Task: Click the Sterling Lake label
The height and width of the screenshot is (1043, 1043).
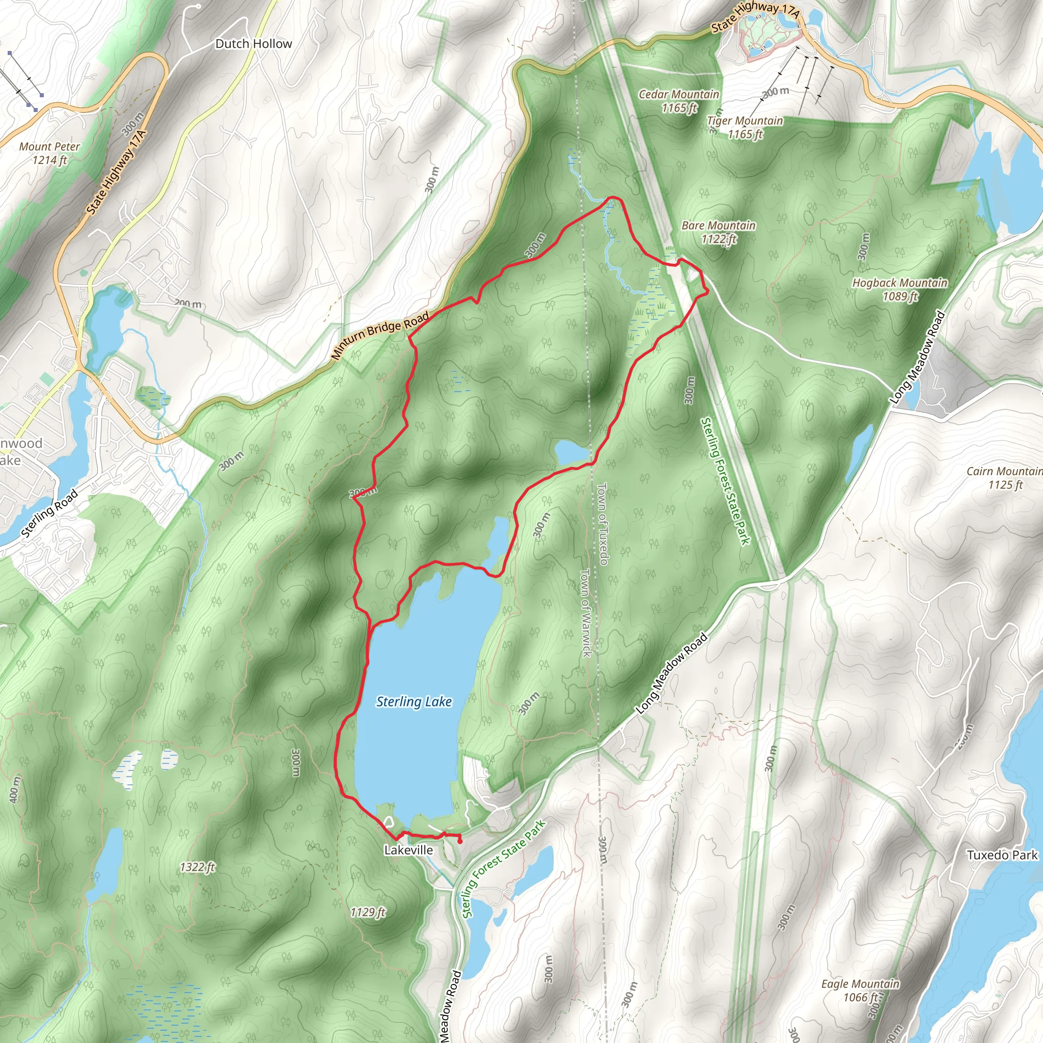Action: [x=414, y=701]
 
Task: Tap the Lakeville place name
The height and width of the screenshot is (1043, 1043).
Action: [x=408, y=850]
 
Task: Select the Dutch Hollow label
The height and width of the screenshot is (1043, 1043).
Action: [x=253, y=44]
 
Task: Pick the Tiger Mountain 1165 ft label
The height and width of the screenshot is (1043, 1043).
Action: [x=745, y=127]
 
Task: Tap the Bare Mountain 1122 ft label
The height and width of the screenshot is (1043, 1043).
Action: [x=718, y=232]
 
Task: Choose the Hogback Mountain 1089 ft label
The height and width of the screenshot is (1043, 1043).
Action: [x=899, y=289]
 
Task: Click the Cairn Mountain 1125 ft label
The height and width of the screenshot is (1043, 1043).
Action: [x=1004, y=478]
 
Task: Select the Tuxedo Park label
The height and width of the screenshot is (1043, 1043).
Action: [x=1002, y=855]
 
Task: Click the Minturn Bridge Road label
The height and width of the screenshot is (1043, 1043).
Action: [x=379, y=336]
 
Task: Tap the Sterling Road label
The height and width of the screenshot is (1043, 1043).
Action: [x=50, y=513]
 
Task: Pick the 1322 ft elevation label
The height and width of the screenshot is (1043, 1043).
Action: [x=197, y=867]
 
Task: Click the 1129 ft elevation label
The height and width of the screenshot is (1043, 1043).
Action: [x=368, y=912]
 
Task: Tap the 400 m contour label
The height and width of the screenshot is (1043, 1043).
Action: [x=15, y=788]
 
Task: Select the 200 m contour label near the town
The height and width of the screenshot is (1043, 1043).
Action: [x=187, y=304]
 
